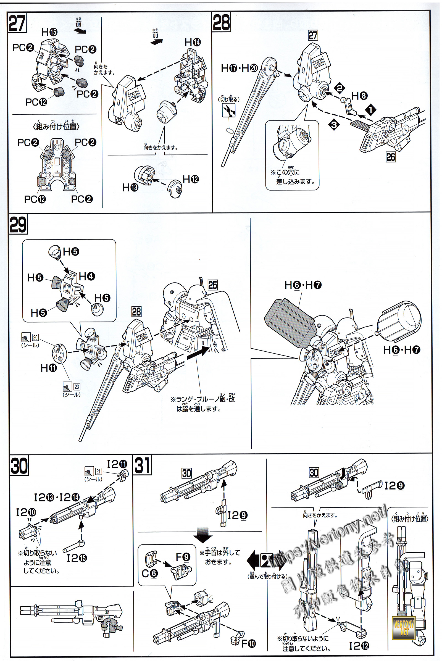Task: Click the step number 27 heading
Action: [17, 23]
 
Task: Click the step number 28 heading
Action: [221, 22]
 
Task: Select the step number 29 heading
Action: [18, 224]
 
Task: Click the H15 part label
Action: [49, 32]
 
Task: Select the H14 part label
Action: [193, 43]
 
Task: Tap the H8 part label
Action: [359, 96]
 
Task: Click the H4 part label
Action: [87, 276]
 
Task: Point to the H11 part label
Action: [49, 368]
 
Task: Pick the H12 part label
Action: [191, 179]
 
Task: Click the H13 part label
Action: [130, 188]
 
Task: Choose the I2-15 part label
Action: [77, 558]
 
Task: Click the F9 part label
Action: [183, 557]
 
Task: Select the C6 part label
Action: [150, 573]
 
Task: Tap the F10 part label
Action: [249, 644]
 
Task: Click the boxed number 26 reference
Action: [391, 157]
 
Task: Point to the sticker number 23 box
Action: [77, 387]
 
